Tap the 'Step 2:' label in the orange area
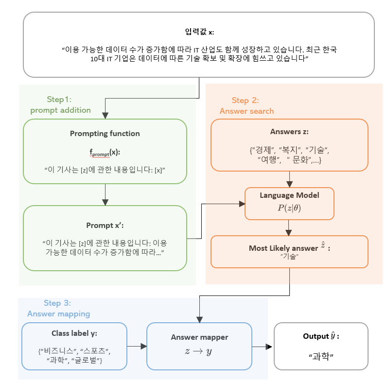245,101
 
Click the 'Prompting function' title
105,134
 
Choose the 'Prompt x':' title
105,226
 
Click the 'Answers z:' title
289,132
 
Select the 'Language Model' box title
289,195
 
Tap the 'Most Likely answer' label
283,248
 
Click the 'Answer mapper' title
199,337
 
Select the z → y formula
199,350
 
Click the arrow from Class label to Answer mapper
137,346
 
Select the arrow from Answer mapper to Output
263,346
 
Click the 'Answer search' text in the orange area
246,111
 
